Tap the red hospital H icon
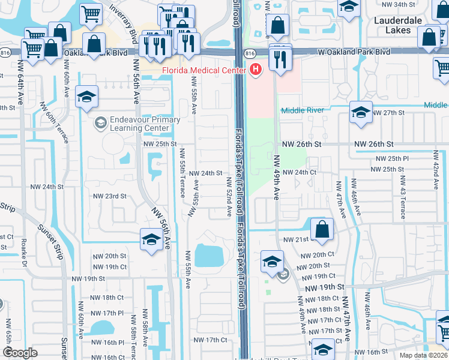[x=256, y=70]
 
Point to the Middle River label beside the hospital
[x=303, y=110]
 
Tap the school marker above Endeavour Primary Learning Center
[x=87, y=98]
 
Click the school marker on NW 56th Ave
[x=151, y=240]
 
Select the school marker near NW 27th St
[x=361, y=114]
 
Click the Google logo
[x=20, y=353]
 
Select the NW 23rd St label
[x=110, y=196]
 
